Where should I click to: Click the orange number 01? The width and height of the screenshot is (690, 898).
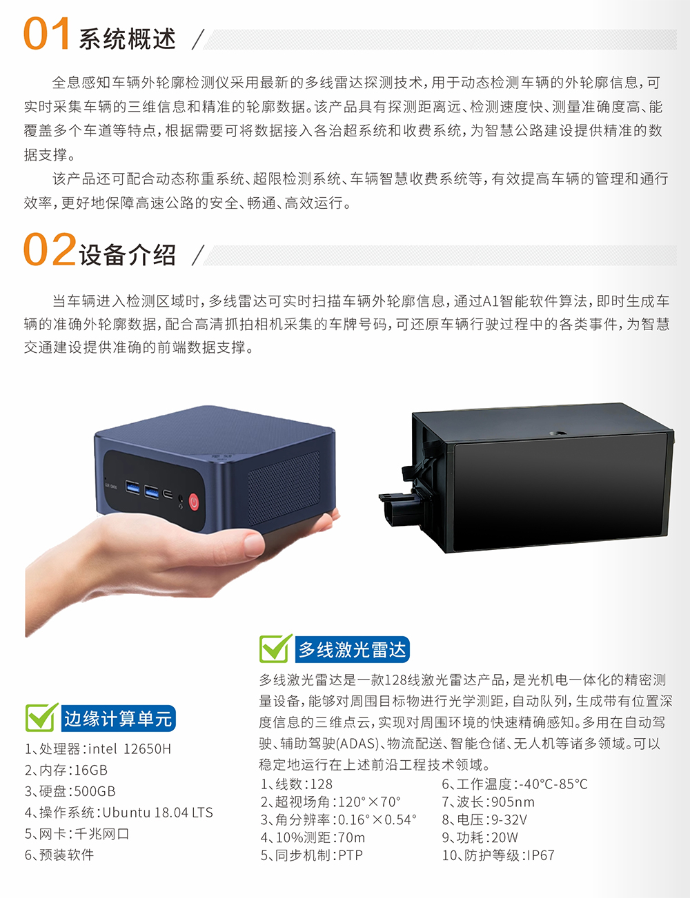tap(46, 34)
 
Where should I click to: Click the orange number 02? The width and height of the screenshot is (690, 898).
tap(50, 249)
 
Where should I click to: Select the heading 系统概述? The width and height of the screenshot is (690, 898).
tap(128, 39)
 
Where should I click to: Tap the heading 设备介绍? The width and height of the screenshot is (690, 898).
tap(128, 254)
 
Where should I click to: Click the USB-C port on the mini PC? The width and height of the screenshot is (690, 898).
tap(168, 494)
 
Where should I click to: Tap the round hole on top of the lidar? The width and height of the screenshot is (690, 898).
tap(558, 433)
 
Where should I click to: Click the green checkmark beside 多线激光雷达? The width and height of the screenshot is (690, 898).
tap(275, 649)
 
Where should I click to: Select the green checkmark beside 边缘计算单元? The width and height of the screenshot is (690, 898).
tap(42, 717)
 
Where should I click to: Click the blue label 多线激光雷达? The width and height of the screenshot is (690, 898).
tap(352, 650)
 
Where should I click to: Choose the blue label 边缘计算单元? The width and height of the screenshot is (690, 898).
tap(118, 719)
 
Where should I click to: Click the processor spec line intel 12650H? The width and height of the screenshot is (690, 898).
tap(98, 749)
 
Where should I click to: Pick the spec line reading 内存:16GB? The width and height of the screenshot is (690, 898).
tap(66, 770)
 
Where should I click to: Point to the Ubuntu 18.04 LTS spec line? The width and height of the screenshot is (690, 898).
tap(119, 813)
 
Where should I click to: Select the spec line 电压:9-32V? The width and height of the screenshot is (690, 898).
tap(484, 819)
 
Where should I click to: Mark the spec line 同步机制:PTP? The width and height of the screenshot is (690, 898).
tap(311, 855)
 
